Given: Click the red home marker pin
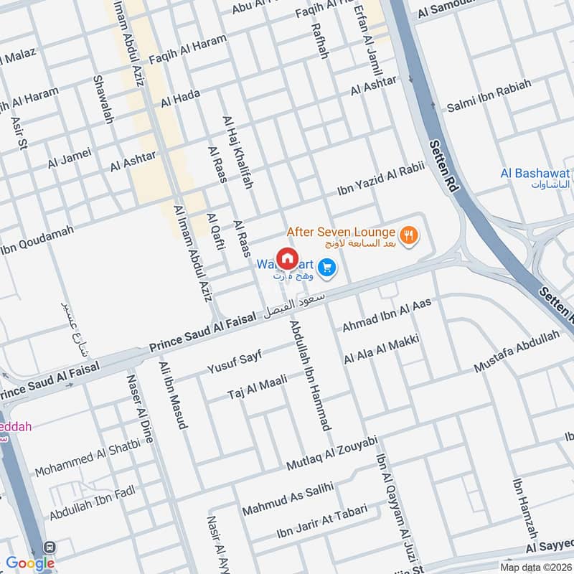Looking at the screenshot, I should [x=287, y=258].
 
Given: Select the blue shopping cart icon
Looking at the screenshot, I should [x=327, y=268].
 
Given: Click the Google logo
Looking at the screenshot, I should [x=29, y=563].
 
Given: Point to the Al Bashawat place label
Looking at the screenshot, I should [x=535, y=178].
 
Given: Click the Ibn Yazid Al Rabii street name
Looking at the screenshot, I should [x=381, y=179].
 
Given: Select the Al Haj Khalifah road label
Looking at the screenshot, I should [x=238, y=152].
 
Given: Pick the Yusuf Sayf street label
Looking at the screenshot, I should [x=235, y=362].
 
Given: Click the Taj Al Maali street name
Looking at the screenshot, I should [x=257, y=387].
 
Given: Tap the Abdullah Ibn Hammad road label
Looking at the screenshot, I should [x=309, y=375].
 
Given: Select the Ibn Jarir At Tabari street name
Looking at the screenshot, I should [x=322, y=522].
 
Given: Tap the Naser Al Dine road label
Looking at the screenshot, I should [x=140, y=408].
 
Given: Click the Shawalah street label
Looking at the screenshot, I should [x=103, y=98].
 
